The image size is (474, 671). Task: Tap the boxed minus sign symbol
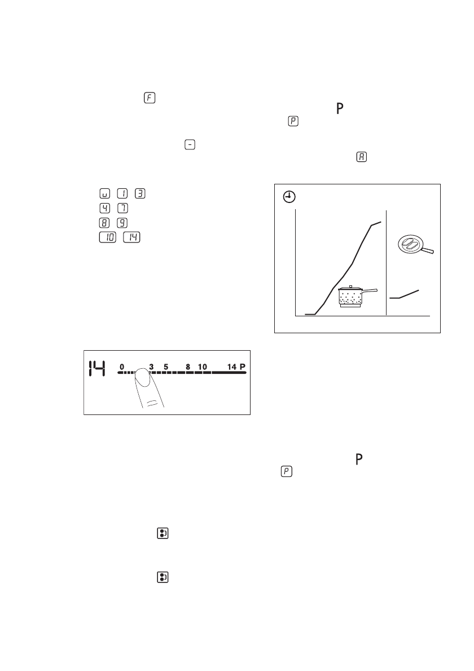[191, 145]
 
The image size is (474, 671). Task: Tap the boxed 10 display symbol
[107, 237]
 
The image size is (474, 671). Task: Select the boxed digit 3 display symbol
[141, 193]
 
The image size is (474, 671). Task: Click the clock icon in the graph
[288, 197]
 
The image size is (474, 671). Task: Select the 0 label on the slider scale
[122, 367]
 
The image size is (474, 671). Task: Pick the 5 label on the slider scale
[166, 367]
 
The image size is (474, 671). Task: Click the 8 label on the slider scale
[187, 367]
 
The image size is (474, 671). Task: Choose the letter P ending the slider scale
[243, 367]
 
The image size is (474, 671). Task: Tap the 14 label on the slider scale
[231, 367]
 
